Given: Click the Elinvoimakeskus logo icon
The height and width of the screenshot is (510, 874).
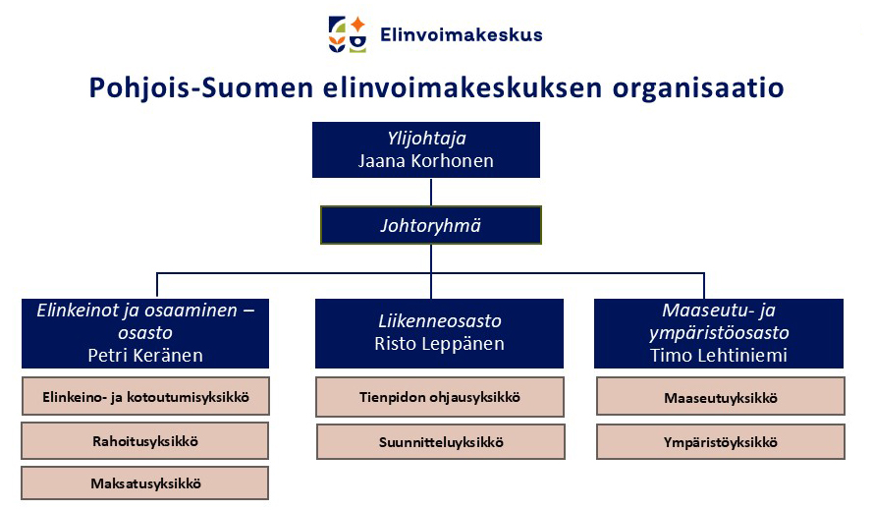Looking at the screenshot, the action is (x=348, y=34).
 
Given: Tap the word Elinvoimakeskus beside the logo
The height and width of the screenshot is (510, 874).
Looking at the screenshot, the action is (x=461, y=34).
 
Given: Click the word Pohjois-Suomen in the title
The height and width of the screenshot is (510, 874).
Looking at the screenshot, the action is (x=201, y=88).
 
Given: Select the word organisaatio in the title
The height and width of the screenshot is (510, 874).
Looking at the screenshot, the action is (x=698, y=88).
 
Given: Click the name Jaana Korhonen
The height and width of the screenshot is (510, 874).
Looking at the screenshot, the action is (x=426, y=161).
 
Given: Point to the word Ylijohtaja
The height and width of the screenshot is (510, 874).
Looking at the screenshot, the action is (x=426, y=139).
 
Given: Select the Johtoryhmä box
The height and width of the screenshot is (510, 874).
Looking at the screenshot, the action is (x=431, y=225).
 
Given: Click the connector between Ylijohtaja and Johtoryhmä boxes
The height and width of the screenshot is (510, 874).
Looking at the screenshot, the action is (x=431, y=192).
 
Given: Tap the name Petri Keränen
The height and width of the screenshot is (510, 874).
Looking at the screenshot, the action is (x=145, y=356).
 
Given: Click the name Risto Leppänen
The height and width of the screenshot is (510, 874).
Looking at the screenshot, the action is (x=439, y=344).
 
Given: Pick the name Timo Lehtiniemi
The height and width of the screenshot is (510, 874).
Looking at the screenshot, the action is (x=719, y=356).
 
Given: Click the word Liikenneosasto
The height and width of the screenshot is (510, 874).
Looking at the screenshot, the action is (x=440, y=321).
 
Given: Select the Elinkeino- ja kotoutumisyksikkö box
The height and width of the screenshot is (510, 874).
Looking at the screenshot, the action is (x=145, y=397).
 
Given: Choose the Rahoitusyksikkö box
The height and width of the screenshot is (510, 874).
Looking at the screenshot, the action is (x=145, y=441).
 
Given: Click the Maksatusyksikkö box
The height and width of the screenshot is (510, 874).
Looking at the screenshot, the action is (x=145, y=483).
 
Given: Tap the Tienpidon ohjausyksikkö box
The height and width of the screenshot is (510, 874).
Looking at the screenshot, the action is (x=440, y=397).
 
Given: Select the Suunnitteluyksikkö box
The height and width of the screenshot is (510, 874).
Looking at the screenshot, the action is (x=441, y=442).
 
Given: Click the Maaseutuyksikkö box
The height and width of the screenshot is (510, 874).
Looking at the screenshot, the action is (x=721, y=397).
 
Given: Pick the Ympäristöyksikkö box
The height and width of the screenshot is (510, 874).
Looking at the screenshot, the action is (x=721, y=442).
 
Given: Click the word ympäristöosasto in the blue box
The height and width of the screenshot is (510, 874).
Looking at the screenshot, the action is (x=719, y=333).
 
